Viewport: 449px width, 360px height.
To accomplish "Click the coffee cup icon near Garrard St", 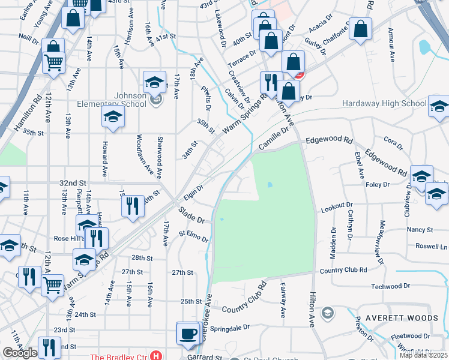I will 188,334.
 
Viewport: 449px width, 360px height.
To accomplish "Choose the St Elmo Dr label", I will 193,235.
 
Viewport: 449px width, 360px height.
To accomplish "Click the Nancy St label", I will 420,230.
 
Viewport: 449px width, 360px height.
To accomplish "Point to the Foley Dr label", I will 378,185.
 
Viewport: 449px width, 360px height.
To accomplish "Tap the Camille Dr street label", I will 274,140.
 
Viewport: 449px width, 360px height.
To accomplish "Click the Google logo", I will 20,353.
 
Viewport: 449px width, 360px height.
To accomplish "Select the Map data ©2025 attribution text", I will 424,355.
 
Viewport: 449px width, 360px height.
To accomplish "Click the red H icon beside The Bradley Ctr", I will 156,356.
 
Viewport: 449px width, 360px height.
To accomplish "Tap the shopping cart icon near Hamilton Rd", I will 54,61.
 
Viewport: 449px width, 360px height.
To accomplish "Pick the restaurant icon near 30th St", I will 132,206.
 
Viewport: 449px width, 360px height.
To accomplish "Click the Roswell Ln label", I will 432,247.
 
